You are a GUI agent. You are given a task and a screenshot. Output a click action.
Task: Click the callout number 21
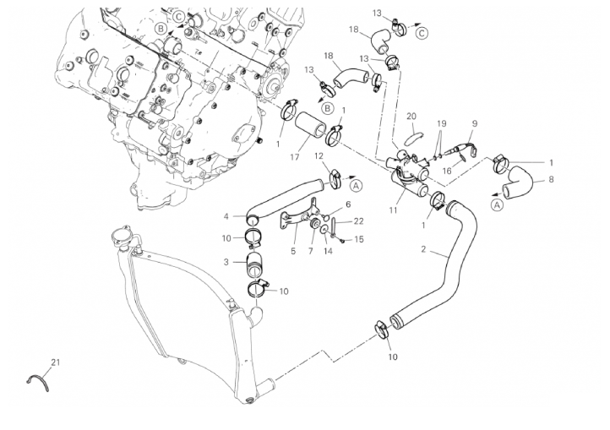coord(56,362)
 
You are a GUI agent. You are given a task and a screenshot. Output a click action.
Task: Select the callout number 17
coord(295,157)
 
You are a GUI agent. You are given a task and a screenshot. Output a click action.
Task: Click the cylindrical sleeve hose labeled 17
coord(310,124)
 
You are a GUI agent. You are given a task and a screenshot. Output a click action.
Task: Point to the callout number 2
coord(423,249)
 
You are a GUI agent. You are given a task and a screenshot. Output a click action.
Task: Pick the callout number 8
coord(551,179)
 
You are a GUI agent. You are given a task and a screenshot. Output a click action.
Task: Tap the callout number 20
coord(411,116)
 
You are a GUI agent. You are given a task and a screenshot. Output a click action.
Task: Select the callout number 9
coord(475,123)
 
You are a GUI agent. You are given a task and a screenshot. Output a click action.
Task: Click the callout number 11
coord(393,210)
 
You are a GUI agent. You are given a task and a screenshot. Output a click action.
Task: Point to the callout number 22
coord(358,221)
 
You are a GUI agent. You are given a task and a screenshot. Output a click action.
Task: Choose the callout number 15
coord(359,239)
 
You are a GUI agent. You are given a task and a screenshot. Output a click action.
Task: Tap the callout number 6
coord(348,204)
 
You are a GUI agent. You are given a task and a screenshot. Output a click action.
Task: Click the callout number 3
coord(226,262)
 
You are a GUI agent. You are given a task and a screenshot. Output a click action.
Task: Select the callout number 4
coord(226,216)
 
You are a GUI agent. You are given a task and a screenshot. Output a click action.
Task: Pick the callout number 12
coord(319,156)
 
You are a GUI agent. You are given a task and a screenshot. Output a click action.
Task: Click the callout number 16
coord(447,171)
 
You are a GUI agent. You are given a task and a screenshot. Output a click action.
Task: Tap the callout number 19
coord(441,123)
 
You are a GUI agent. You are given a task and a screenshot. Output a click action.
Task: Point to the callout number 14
coord(328,251)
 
